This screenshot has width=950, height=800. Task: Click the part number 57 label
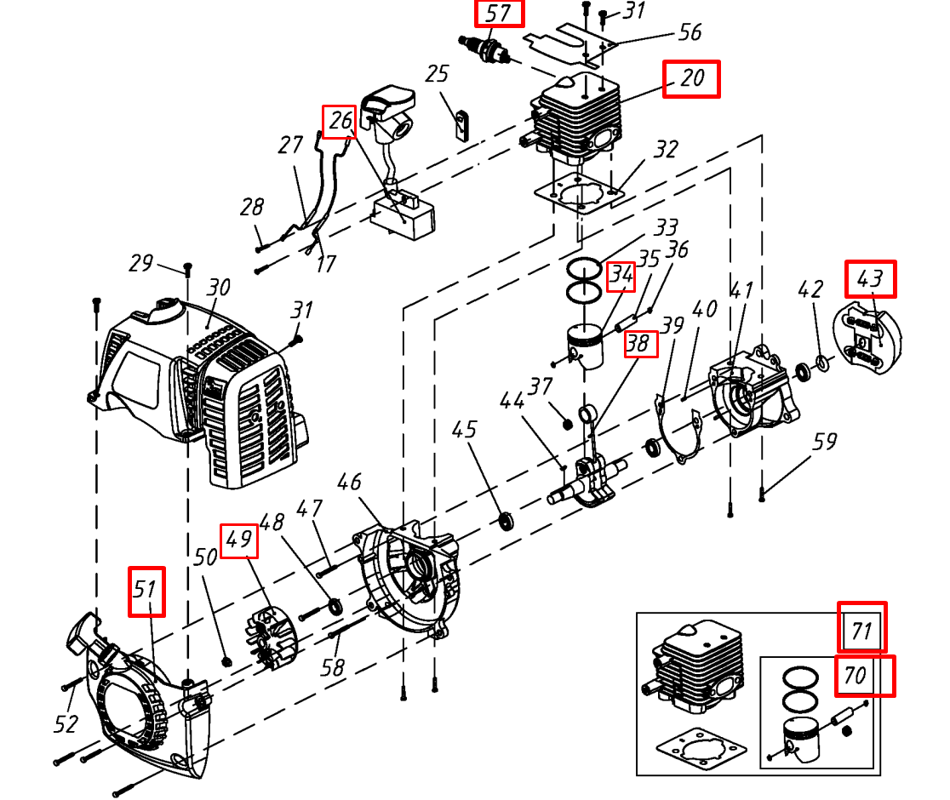click(x=499, y=14)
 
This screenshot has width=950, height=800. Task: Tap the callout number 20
click(x=691, y=78)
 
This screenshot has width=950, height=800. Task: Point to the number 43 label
click(x=870, y=278)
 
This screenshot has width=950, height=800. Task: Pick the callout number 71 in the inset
click(x=861, y=629)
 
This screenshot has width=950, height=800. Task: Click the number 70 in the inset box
click(x=855, y=676)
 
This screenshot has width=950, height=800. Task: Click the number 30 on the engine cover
click(x=219, y=288)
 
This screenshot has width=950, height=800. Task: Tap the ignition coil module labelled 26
click(x=403, y=210)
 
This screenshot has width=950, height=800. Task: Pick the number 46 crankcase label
click(x=349, y=483)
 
